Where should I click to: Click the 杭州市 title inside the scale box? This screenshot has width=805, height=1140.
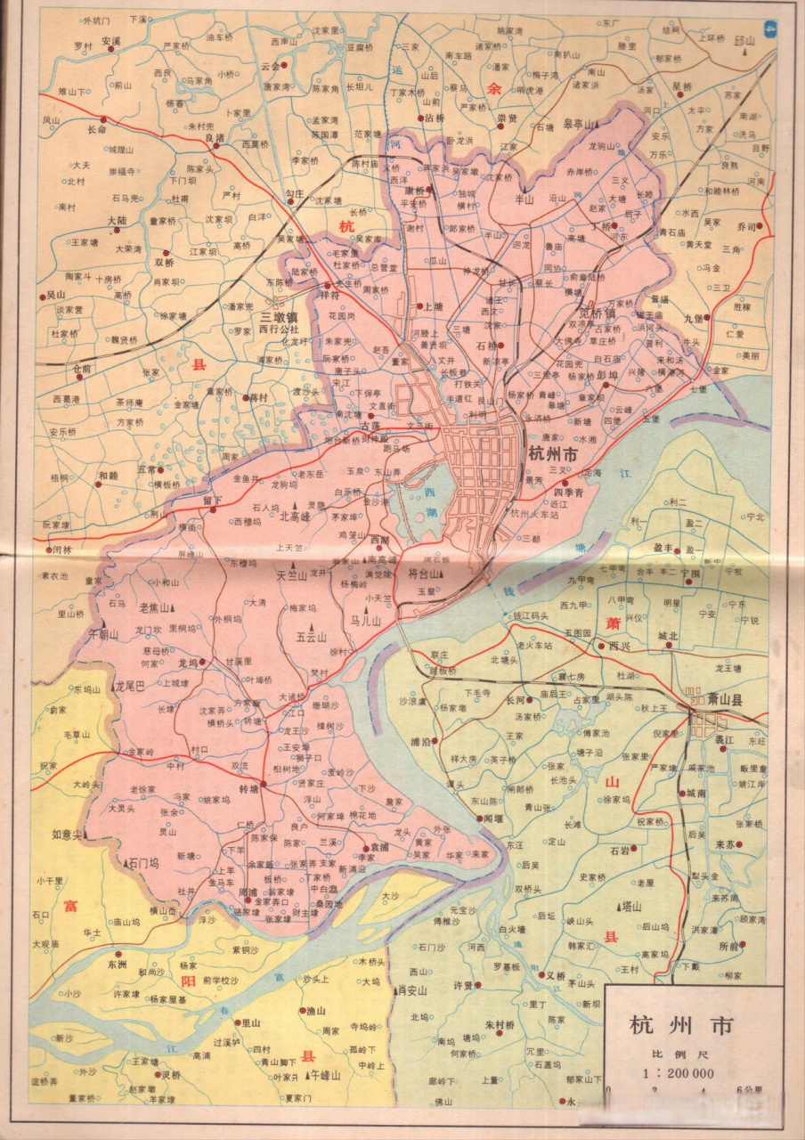[x=682, y=1025]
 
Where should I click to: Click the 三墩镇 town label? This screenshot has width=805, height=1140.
[x=279, y=316]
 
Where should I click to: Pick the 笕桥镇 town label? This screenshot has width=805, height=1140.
[x=598, y=313]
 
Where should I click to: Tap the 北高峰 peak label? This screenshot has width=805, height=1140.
[x=295, y=516]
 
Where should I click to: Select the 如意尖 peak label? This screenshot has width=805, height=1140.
[x=68, y=835]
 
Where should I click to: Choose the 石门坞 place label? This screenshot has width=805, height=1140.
[x=142, y=863]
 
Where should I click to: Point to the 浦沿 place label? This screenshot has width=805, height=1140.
[x=421, y=740]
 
